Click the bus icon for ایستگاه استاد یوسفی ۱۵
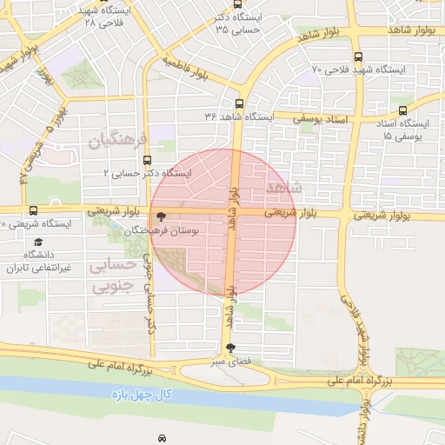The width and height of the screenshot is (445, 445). point(402,110)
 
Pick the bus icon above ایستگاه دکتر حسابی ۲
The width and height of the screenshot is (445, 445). point(147,160)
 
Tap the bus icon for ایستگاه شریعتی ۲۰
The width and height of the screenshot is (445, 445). point(33,210)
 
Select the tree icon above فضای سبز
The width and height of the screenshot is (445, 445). point(229,348)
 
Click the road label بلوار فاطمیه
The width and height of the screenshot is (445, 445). point(184,72)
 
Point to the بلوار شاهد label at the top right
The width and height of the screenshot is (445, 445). point(411,28)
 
